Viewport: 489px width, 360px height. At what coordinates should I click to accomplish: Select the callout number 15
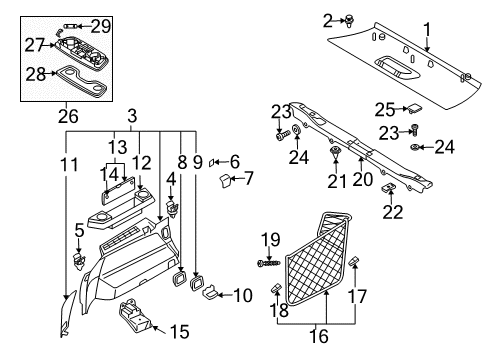coord(179,329)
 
